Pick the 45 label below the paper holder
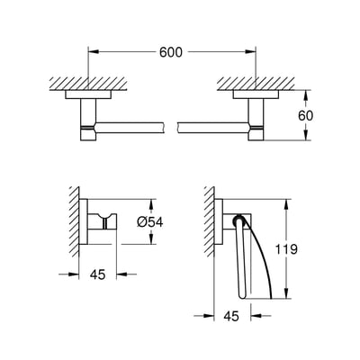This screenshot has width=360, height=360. point(230,316)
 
